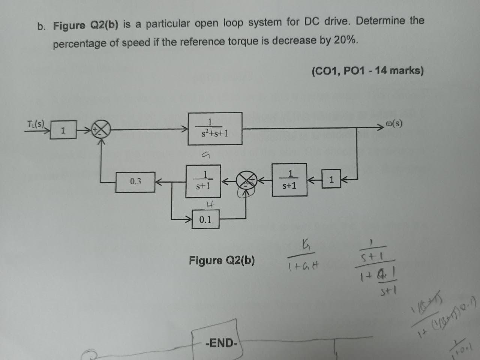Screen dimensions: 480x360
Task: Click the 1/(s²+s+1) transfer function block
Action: (215, 128)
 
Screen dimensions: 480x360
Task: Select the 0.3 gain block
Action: (135, 182)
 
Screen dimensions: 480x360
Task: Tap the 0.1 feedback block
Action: (205, 219)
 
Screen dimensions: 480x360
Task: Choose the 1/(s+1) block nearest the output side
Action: (289, 180)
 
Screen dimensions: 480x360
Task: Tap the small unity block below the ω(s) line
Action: (331, 180)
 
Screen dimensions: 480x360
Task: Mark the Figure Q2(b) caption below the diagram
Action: (222, 260)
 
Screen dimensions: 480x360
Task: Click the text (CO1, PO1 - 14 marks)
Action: (367, 70)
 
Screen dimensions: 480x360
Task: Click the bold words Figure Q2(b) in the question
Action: (85, 25)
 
